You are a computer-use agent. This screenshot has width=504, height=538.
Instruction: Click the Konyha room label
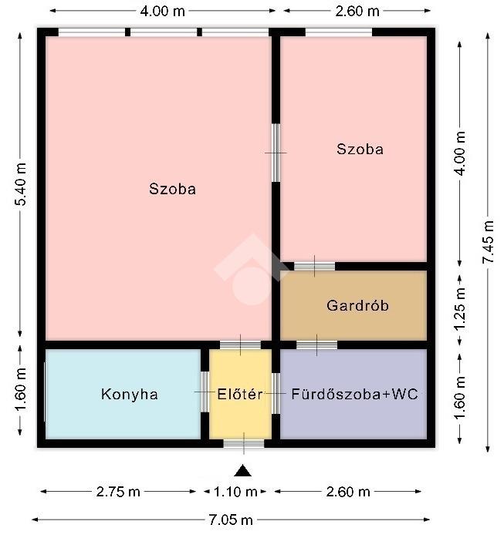(130, 394)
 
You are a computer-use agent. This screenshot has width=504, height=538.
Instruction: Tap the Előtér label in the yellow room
(240, 394)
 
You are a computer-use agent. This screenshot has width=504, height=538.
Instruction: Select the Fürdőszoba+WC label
(354, 394)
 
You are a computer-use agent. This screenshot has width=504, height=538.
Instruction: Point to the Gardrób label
(357, 305)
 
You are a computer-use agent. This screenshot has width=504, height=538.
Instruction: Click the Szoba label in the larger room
(172, 189)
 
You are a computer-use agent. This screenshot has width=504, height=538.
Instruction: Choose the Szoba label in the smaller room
(360, 149)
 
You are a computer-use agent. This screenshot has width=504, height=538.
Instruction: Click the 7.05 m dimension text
(231, 520)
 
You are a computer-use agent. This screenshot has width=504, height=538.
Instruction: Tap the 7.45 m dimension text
(488, 242)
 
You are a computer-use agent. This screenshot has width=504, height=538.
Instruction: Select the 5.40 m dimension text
(21, 184)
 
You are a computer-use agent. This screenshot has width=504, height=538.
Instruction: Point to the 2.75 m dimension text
(118, 492)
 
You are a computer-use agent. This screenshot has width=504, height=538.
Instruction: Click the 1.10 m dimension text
(235, 492)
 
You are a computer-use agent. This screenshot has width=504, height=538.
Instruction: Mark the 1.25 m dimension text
(460, 309)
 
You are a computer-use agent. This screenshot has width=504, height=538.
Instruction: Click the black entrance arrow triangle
(243, 471)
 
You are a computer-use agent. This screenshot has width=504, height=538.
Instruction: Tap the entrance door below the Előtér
(244, 443)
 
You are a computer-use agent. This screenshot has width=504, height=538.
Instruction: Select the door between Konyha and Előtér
(205, 392)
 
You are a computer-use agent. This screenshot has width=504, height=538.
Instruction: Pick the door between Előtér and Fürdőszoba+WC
(276, 394)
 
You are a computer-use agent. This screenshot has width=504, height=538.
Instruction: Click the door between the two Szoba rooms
(276, 153)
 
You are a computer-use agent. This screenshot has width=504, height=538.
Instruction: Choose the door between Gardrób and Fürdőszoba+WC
(316, 345)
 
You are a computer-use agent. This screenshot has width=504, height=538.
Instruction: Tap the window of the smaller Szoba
(339, 32)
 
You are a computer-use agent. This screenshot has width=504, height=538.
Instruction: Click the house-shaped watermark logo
(251, 270)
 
